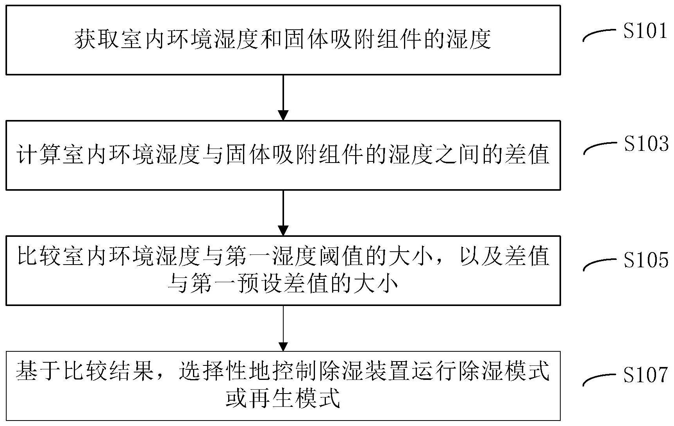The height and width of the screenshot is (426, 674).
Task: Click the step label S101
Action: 645,30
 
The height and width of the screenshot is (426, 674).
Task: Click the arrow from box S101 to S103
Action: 283,97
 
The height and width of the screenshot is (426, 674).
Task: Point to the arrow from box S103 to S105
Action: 283,213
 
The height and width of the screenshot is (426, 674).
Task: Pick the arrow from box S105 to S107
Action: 283,328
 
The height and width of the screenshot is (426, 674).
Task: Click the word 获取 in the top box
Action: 96,39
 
